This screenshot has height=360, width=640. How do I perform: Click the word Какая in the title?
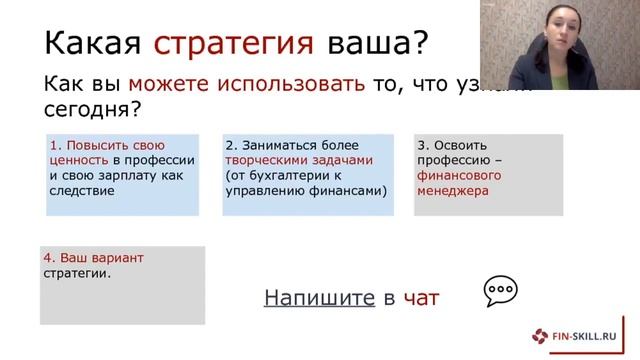click(x=95, y=43)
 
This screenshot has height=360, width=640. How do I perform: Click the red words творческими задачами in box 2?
click(x=298, y=160)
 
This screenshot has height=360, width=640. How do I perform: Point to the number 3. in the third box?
click(x=422, y=145)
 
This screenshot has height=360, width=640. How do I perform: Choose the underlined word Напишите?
click(x=318, y=297)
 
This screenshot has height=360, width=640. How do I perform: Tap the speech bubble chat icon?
click(x=500, y=292)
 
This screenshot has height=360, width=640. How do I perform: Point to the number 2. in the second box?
click(x=231, y=145)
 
